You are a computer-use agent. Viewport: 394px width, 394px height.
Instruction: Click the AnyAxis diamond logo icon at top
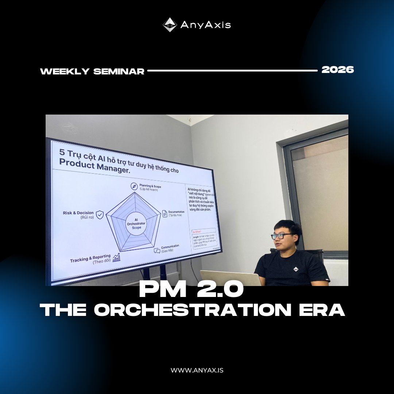coord(170,25)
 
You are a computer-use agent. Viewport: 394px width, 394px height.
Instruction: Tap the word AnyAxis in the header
coord(205,25)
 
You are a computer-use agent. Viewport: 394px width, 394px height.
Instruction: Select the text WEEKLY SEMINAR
coord(92,72)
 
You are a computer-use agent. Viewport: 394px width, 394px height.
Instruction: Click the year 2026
coord(337,70)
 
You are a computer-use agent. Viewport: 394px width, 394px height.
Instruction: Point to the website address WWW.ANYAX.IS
coord(197,370)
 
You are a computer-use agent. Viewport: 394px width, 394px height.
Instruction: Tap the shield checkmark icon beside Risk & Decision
coord(100,215)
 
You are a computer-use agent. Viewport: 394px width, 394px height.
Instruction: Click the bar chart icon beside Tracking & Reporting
coord(117,258)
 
